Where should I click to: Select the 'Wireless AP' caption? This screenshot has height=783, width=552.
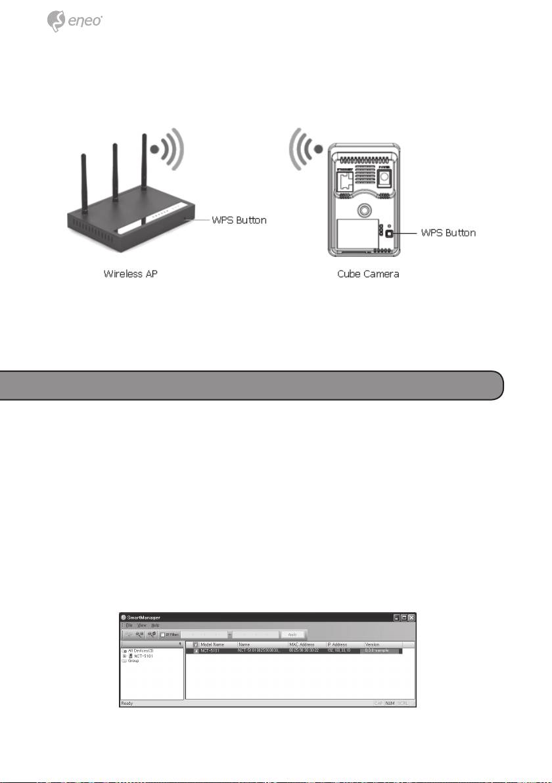(x=131, y=273)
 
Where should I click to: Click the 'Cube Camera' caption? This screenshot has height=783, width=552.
(x=363, y=273)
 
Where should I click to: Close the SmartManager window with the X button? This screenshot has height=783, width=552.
(x=411, y=618)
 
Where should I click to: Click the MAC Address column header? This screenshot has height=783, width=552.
(x=304, y=645)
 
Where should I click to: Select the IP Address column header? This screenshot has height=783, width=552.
(x=338, y=645)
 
